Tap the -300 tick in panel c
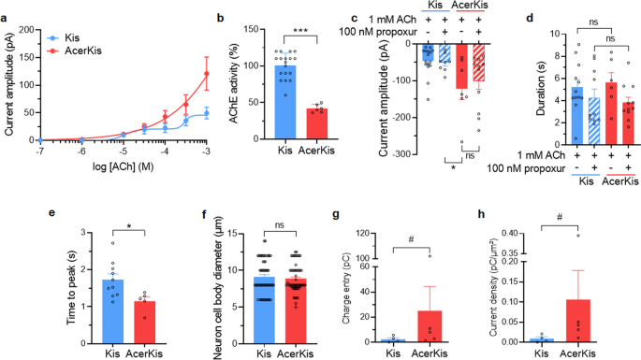coord(404,153)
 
